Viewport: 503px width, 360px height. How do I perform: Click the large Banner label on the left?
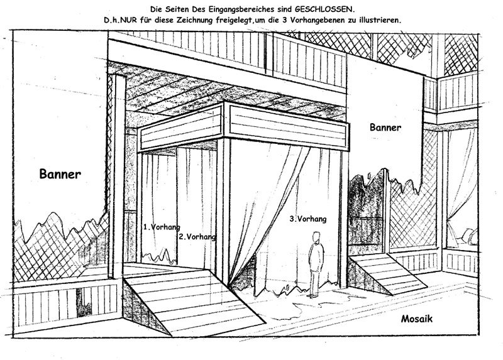click(x=60, y=174)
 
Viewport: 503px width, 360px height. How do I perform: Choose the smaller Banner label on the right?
click(x=386, y=126)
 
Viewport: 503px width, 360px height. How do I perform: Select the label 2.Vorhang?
click(x=197, y=237)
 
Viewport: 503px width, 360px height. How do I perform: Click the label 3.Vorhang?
click(x=307, y=219)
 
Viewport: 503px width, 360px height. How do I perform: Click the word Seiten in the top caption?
click(x=176, y=9)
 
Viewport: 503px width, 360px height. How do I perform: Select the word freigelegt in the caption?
click(x=265, y=20)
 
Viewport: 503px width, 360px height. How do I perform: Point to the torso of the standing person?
click(x=316, y=254)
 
